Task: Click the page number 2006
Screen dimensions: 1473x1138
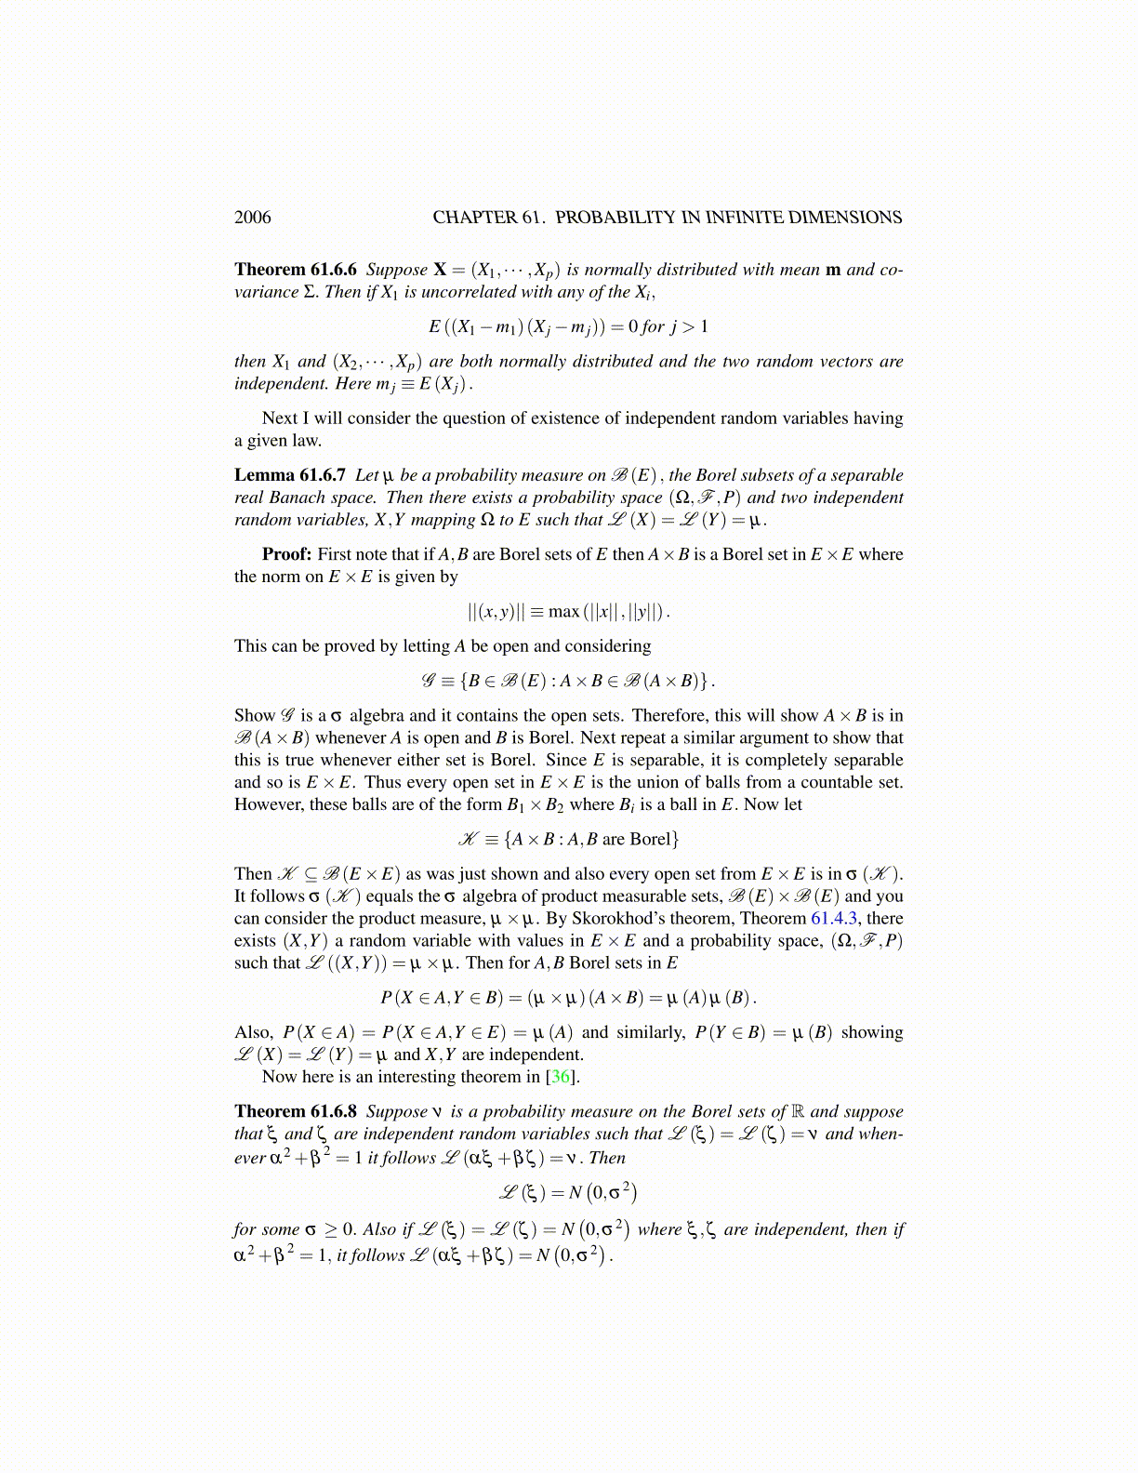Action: pos(252,218)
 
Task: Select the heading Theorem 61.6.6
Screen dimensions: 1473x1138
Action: pos(295,270)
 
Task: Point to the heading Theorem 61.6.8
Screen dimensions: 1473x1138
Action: pos(295,1111)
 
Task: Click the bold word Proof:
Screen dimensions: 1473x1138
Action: pos(286,554)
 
